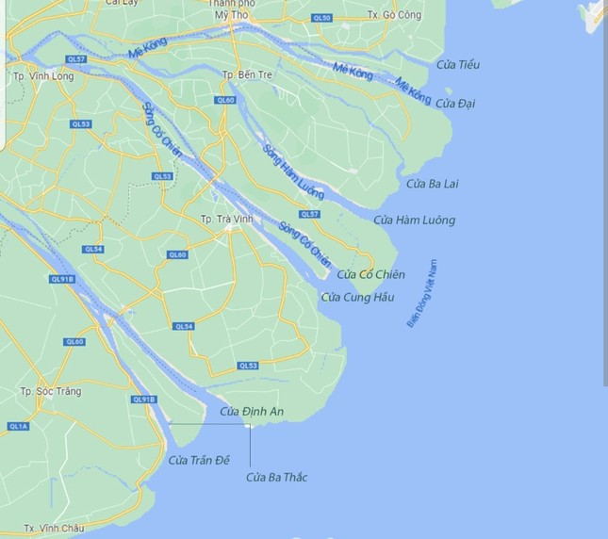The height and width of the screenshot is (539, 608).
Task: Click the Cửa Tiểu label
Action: click(x=458, y=64)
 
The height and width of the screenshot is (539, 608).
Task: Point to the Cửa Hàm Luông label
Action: click(x=414, y=220)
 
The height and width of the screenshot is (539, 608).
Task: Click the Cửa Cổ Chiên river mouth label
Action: click(x=370, y=274)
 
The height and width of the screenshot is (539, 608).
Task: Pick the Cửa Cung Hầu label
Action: click(x=357, y=298)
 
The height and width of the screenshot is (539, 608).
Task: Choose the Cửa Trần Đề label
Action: click(x=199, y=460)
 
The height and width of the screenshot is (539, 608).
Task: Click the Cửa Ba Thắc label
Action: click(x=276, y=477)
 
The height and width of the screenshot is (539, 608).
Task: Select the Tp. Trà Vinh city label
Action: click(x=223, y=219)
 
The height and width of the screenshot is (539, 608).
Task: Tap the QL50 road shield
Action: click(x=321, y=18)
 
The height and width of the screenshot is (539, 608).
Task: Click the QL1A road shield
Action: click(x=18, y=427)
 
